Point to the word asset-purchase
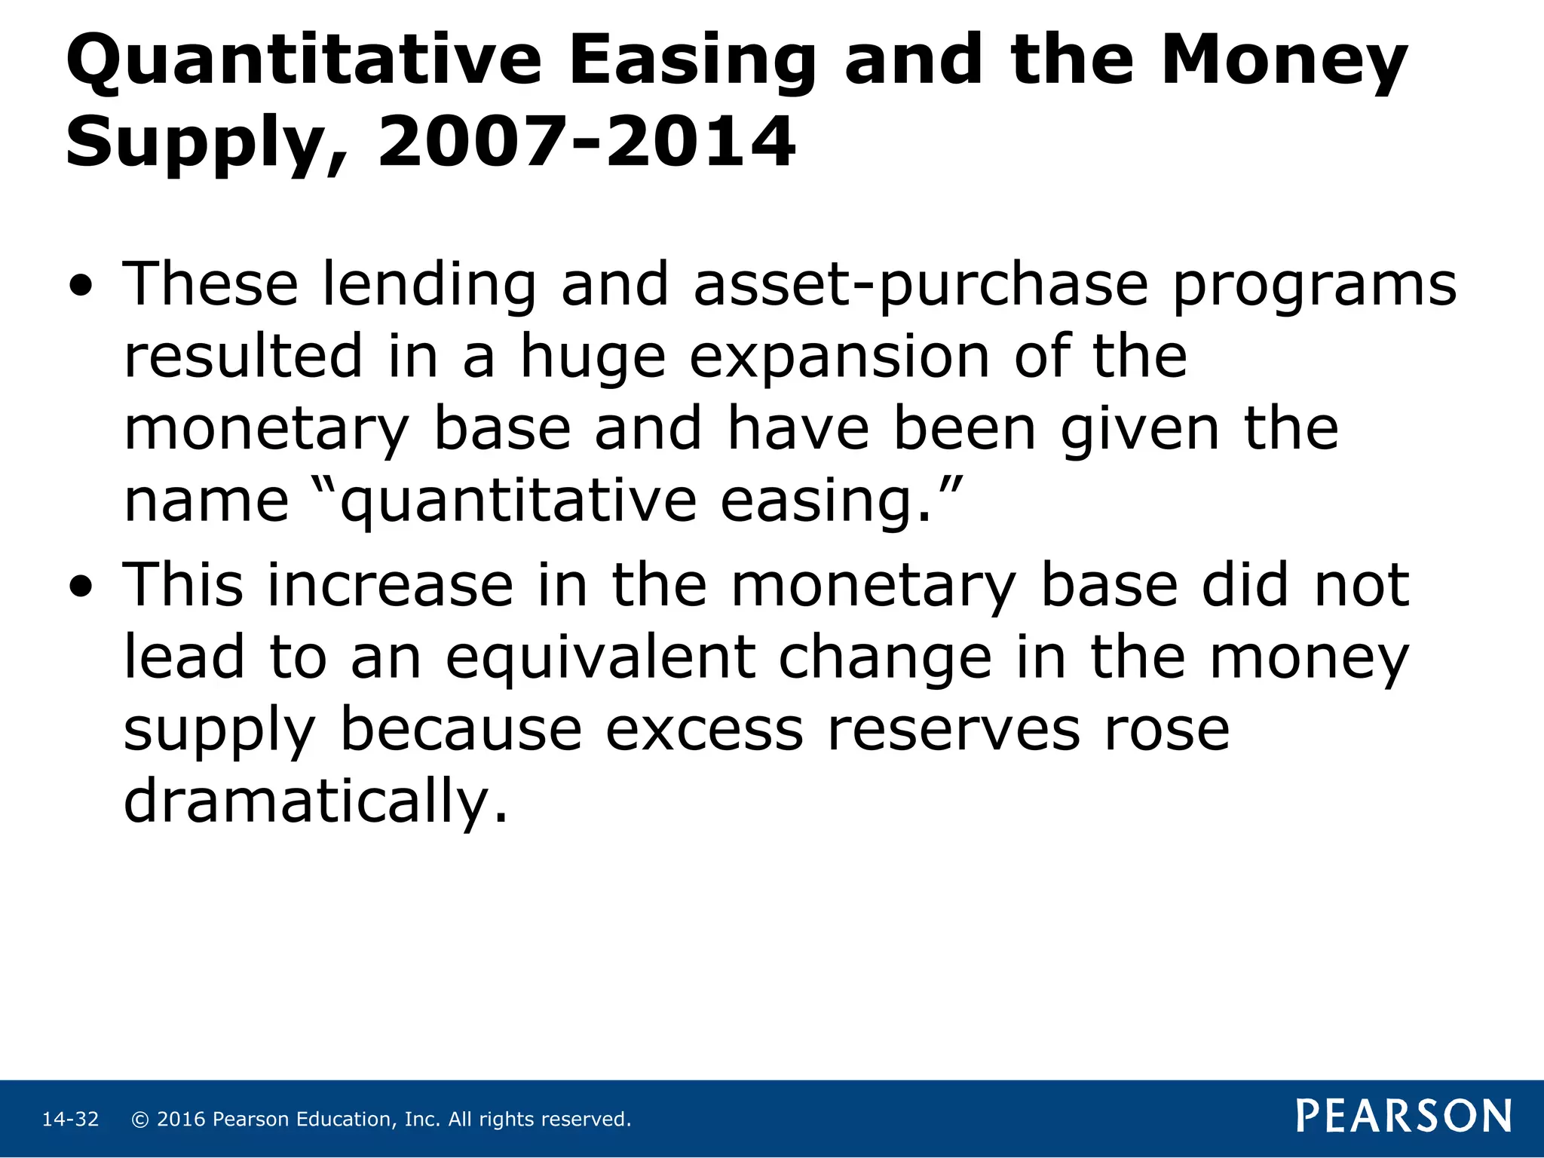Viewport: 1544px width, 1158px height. tap(920, 286)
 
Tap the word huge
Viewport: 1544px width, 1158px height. tap(593, 359)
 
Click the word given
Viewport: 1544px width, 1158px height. tap(1139, 430)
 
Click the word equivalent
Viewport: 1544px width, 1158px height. tap(600, 657)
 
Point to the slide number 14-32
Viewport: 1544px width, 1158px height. tap(70, 1120)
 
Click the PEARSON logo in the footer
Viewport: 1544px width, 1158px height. tap(1404, 1117)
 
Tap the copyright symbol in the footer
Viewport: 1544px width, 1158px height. tap(139, 1120)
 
